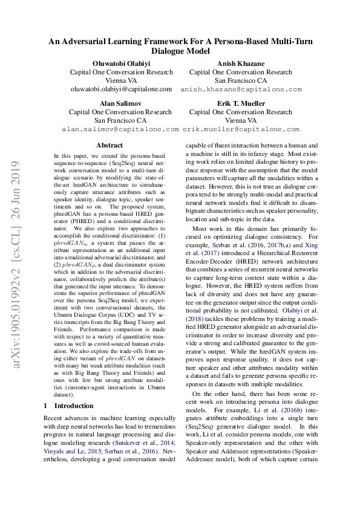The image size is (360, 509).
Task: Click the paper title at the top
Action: pos(180,47)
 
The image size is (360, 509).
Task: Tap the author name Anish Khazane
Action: pos(240,63)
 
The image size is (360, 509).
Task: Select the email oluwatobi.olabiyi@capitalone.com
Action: pos(121,89)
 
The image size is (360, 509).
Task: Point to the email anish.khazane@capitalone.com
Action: pos(240,89)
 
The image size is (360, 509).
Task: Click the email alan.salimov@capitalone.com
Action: pos(120,129)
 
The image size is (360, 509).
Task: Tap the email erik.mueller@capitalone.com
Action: pos(241,129)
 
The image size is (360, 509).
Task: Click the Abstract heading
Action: pos(109,145)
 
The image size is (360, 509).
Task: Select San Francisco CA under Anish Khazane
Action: pos(240,80)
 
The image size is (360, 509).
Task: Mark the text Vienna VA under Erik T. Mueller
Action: pos(240,121)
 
